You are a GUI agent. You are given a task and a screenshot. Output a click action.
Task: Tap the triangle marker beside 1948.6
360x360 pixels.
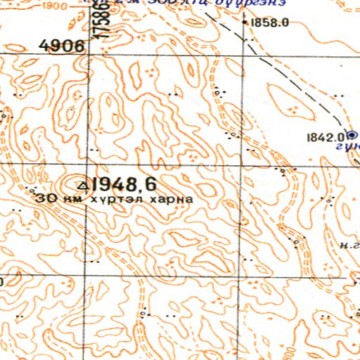pyautogui.click(x=82, y=185)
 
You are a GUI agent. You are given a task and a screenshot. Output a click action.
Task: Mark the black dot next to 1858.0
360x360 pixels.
pyautogui.click(x=245, y=22)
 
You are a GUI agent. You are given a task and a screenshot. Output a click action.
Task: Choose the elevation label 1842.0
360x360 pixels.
pyautogui.click(x=324, y=137)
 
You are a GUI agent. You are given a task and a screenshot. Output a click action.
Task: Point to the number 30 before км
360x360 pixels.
pyautogui.click(x=48, y=198)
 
